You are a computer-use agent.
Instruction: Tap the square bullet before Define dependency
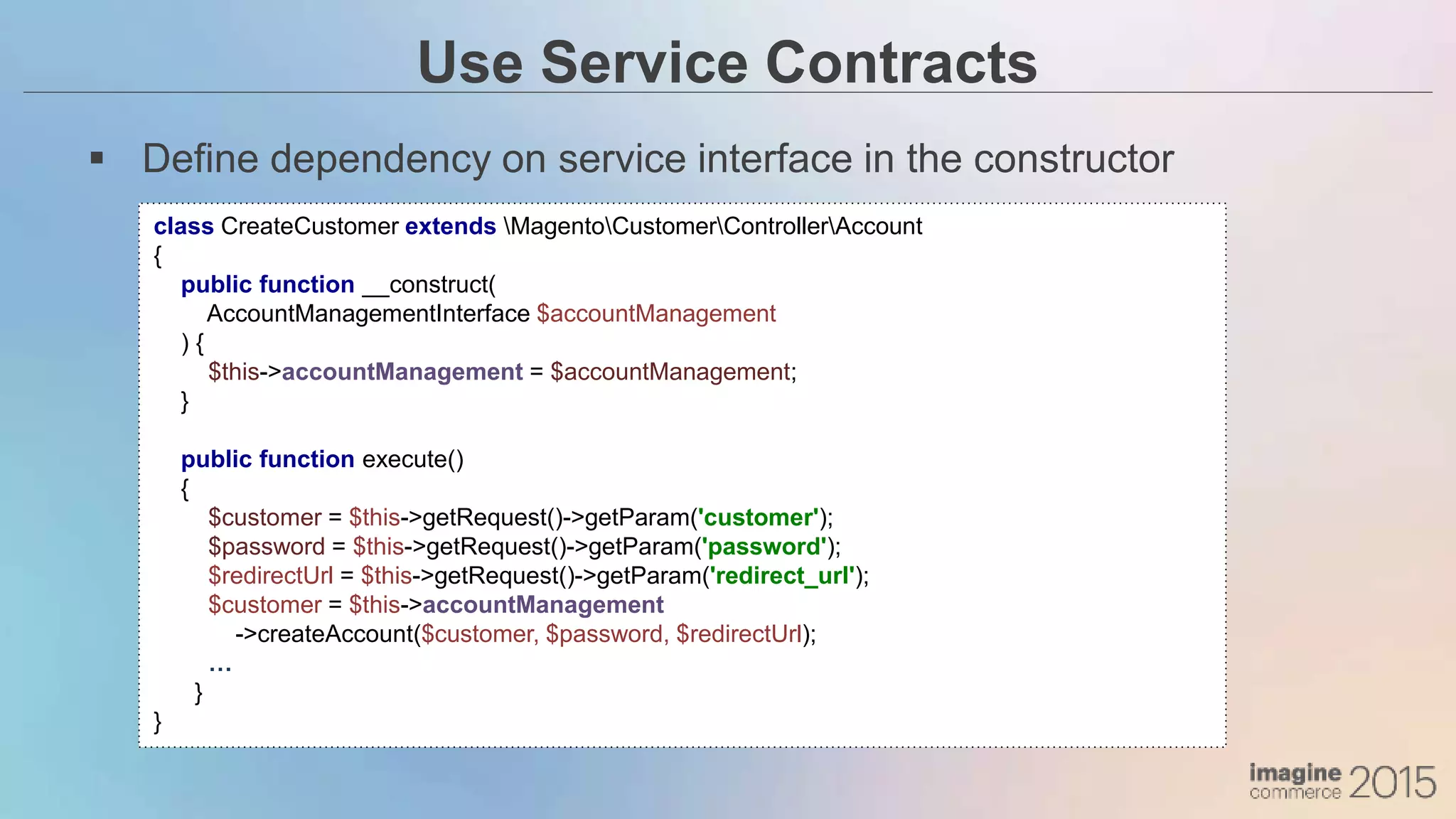pos(97,159)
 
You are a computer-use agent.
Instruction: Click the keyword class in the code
pos(183,226)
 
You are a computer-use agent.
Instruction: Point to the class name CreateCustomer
pos(309,226)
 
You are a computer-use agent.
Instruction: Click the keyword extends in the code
pos(450,226)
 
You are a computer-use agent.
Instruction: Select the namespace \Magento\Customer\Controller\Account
pos(712,226)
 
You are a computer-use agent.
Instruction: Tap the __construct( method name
pos(429,284)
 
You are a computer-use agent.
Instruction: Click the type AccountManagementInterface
pos(368,314)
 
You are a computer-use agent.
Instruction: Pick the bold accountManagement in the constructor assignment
pos(402,372)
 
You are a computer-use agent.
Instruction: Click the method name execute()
pos(412,459)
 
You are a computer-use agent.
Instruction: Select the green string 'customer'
pos(758,518)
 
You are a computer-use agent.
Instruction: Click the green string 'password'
pos(764,547)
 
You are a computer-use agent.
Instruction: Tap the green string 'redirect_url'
pos(782,576)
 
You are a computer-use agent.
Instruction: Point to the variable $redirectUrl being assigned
pos(270,576)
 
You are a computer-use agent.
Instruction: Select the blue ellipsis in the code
pos(220,667)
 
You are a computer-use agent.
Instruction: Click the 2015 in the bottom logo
pos(1391,782)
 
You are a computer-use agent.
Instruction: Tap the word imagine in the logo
pos(1295,773)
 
